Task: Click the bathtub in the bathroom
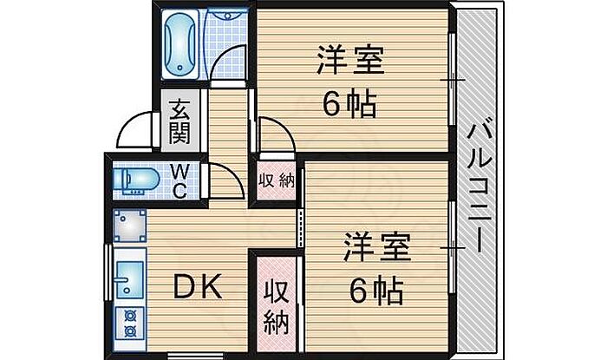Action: [180, 44]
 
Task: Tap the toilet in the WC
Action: [136, 180]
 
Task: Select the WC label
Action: [180, 180]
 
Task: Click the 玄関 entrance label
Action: [180, 121]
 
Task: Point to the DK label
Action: [198, 286]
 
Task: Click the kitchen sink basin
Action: [130, 279]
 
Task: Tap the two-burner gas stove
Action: [130, 324]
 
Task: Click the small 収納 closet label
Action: [277, 180]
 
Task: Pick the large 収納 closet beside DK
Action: [277, 303]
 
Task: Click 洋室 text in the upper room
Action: [350, 60]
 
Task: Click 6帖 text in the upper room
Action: [349, 104]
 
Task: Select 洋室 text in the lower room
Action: [377, 247]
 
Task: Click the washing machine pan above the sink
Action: [130, 226]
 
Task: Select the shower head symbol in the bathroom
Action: [228, 16]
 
